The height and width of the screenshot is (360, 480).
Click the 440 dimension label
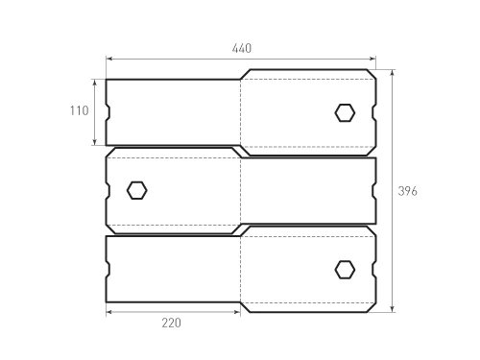point(242,49)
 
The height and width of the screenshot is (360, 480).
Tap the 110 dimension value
point(80,110)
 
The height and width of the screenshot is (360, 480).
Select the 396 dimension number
point(408,191)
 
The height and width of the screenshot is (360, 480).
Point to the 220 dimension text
point(171,323)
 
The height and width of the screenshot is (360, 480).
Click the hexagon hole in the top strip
point(345,113)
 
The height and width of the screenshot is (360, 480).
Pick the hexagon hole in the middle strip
point(137,190)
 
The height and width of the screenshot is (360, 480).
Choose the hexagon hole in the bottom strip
point(345,270)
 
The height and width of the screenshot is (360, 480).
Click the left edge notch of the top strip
point(108,112)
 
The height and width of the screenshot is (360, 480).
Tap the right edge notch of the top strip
point(374,112)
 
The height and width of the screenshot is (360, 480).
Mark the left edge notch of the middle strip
point(108,190)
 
